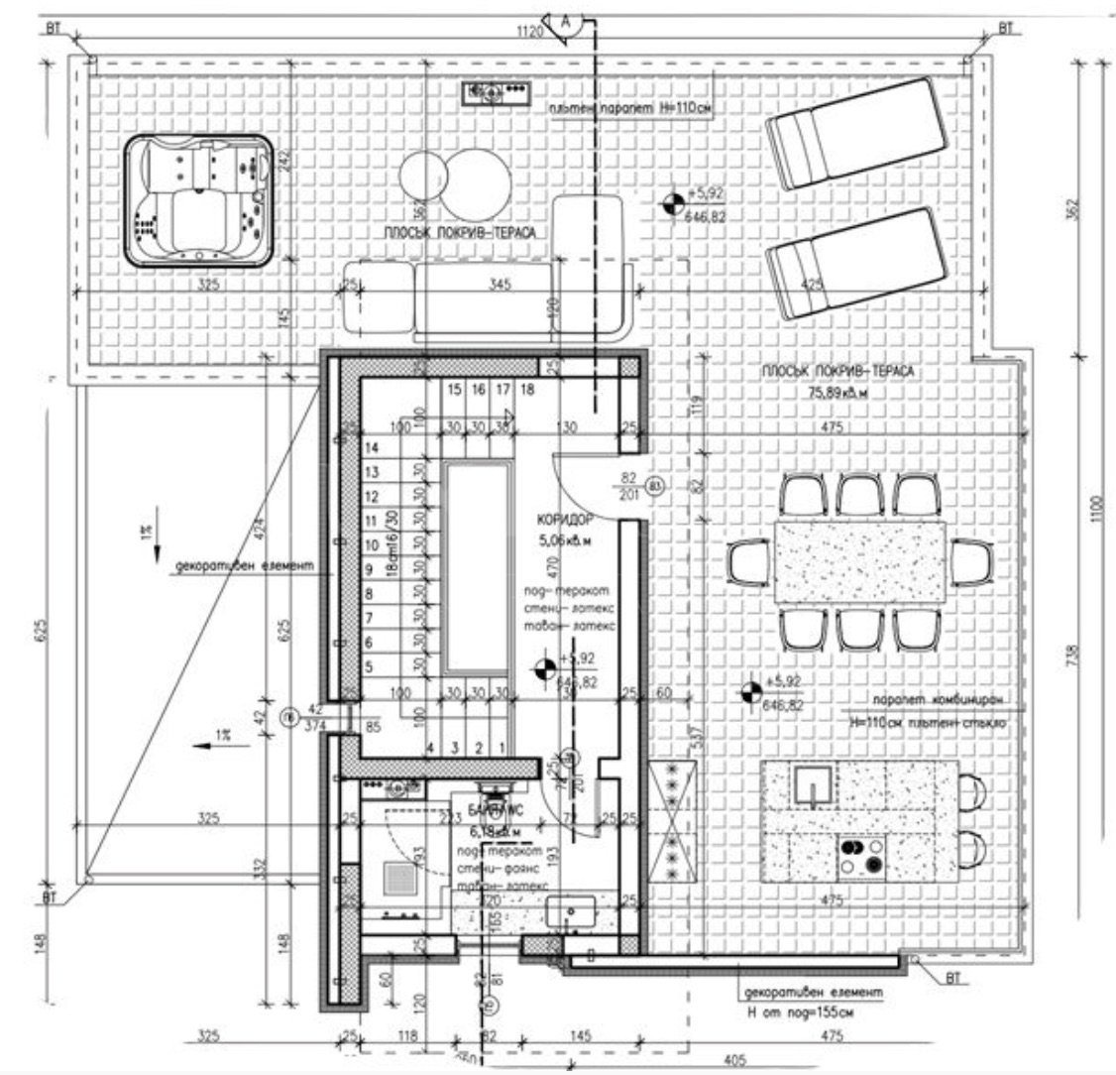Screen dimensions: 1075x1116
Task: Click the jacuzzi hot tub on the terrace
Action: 199,199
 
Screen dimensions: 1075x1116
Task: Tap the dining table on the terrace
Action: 860,561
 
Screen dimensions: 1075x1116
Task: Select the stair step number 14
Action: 373,448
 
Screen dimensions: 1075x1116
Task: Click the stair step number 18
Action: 527,390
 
